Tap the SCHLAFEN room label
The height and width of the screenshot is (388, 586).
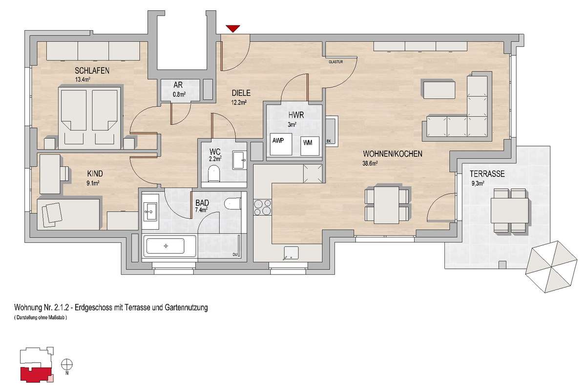(x=92, y=70)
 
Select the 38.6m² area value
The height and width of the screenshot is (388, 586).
(x=370, y=164)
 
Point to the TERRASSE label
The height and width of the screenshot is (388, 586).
(x=487, y=174)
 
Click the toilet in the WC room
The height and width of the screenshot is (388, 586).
(x=213, y=173)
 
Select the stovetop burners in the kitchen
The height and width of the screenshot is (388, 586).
(x=263, y=207)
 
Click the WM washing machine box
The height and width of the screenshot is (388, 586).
(x=310, y=146)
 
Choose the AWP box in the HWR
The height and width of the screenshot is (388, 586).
(x=281, y=144)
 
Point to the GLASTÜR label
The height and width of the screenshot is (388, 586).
(x=335, y=62)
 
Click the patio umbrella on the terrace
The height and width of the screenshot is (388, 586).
(x=551, y=266)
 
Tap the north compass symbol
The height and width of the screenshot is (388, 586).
(x=67, y=365)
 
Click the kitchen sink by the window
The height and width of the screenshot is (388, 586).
(x=291, y=253)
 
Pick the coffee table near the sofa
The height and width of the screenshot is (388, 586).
(x=439, y=90)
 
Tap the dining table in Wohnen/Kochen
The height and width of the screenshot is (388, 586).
(x=386, y=205)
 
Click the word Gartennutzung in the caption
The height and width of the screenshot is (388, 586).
(x=186, y=307)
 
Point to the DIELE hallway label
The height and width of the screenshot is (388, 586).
(x=241, y=93)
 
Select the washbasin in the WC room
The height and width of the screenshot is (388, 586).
(x=239, y=160)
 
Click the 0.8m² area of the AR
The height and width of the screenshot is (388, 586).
(x=179, y=94)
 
